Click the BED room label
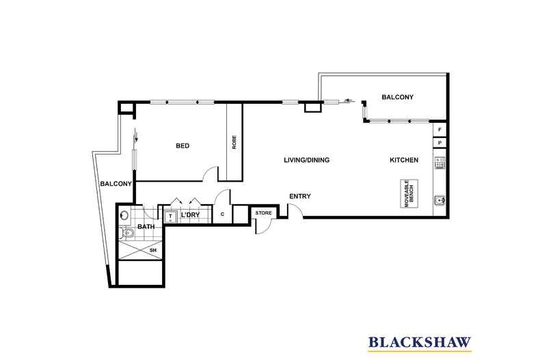[x=183, y=146]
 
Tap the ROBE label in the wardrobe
[x=234, y=142]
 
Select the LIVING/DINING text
[x=307, y=161]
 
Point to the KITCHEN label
[x=403, y=161]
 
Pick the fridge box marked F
[x=440, y=129]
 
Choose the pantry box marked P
[x=440, y=143]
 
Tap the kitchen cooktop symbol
[x=440, y=164]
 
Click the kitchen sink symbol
[x=440, y=201]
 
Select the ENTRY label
[x=299, y=197]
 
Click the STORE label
[x=263, y=213]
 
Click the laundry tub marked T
[x=170, y=216]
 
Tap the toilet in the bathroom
[x=126, y=235]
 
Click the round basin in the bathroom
[x=124, y=215]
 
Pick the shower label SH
[x=152, y=251]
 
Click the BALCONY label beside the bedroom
[x=116, y=184]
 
